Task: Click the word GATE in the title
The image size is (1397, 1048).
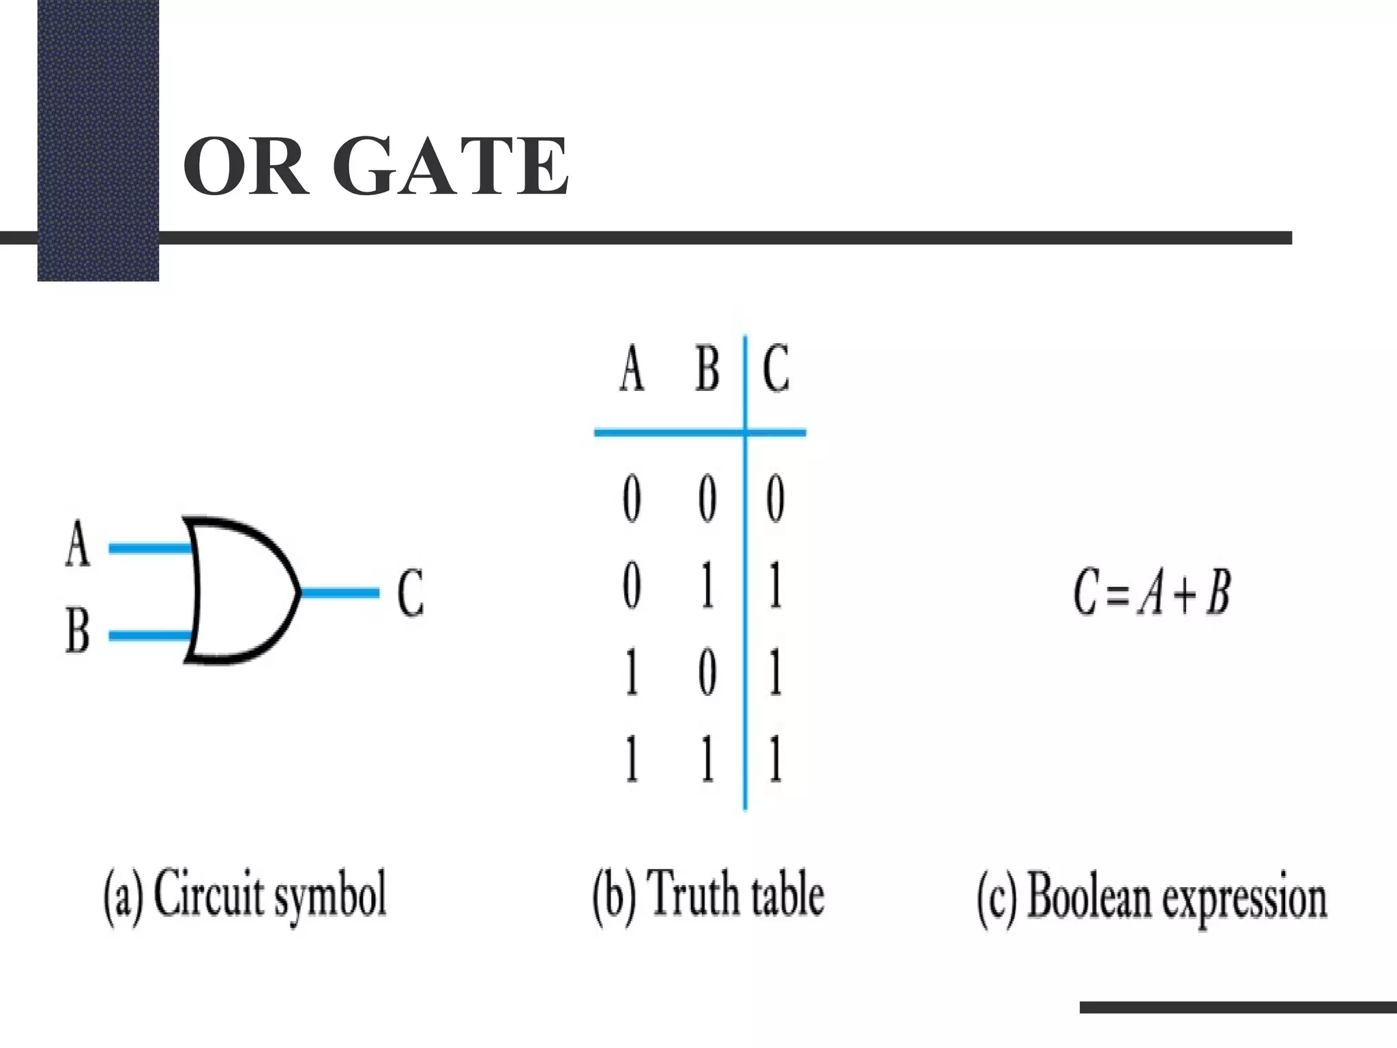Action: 450,166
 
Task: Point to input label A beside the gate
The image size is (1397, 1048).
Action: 78,544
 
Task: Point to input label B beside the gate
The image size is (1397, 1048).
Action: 78,632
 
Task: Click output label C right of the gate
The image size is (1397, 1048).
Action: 410,593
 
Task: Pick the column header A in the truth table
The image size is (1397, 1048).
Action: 632,368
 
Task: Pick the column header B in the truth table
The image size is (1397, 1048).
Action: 707,368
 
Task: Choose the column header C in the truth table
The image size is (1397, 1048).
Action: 776,368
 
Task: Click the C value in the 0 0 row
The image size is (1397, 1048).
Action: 775,499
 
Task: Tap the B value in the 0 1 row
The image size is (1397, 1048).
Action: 707,586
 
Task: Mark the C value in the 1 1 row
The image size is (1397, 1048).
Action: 775,759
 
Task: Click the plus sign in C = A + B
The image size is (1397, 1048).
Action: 1184,594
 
